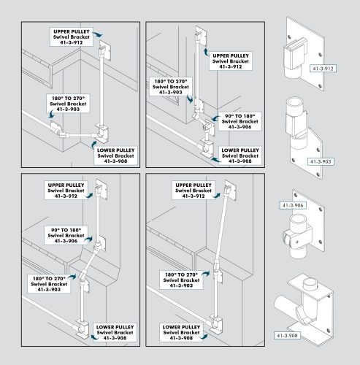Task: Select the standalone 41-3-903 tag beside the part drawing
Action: (322, 161)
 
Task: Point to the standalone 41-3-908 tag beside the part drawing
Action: (287, 335)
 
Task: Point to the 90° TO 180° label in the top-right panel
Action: (236, 121)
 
